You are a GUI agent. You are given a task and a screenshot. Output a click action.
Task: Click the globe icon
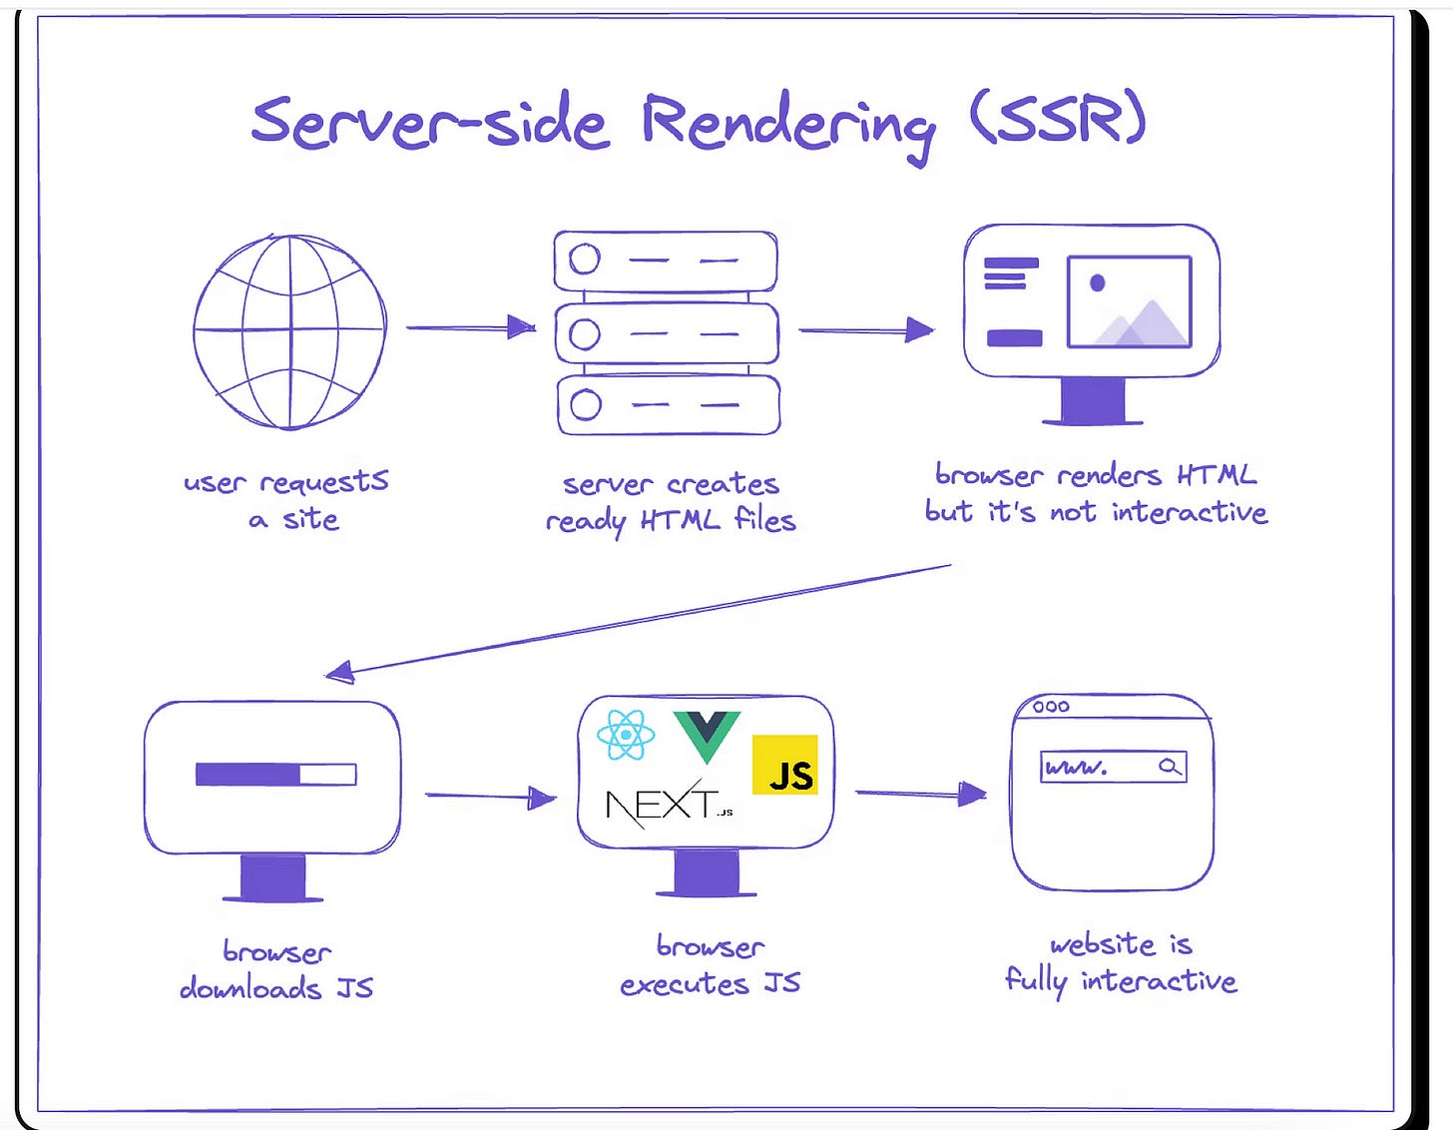click(x=289, y=331)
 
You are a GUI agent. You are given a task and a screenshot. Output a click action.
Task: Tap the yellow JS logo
click(x=784, y=766)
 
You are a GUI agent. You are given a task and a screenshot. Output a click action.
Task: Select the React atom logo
click(x=626, y=736)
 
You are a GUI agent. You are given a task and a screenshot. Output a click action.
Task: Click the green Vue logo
click(x=707, y=734)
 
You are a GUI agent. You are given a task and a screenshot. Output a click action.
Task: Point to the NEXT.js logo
click(x=667, y=805)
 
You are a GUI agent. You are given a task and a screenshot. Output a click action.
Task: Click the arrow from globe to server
click(x=470, y=327)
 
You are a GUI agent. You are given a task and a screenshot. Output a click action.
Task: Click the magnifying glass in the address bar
click(x=1170, y=767)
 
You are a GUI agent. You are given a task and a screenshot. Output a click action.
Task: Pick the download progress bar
click(x=275, y=775)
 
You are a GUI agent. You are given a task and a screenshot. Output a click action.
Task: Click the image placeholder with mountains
click(x=1129, y=301)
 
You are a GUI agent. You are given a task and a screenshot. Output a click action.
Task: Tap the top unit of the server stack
click(x=666, y=261)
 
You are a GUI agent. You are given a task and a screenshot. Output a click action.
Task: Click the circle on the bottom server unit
click(x=586, y=405)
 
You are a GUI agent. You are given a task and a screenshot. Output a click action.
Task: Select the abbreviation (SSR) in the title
click(x=1058, y=121)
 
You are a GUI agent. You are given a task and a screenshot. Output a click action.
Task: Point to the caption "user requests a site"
click(x=287, y=500)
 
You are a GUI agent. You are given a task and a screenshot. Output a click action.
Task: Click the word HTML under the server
click(x=680, y=520)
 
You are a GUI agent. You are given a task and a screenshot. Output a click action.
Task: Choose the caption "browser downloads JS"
click(x=276, y=969)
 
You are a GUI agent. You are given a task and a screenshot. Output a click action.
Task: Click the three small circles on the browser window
click(x=1051, y=707)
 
